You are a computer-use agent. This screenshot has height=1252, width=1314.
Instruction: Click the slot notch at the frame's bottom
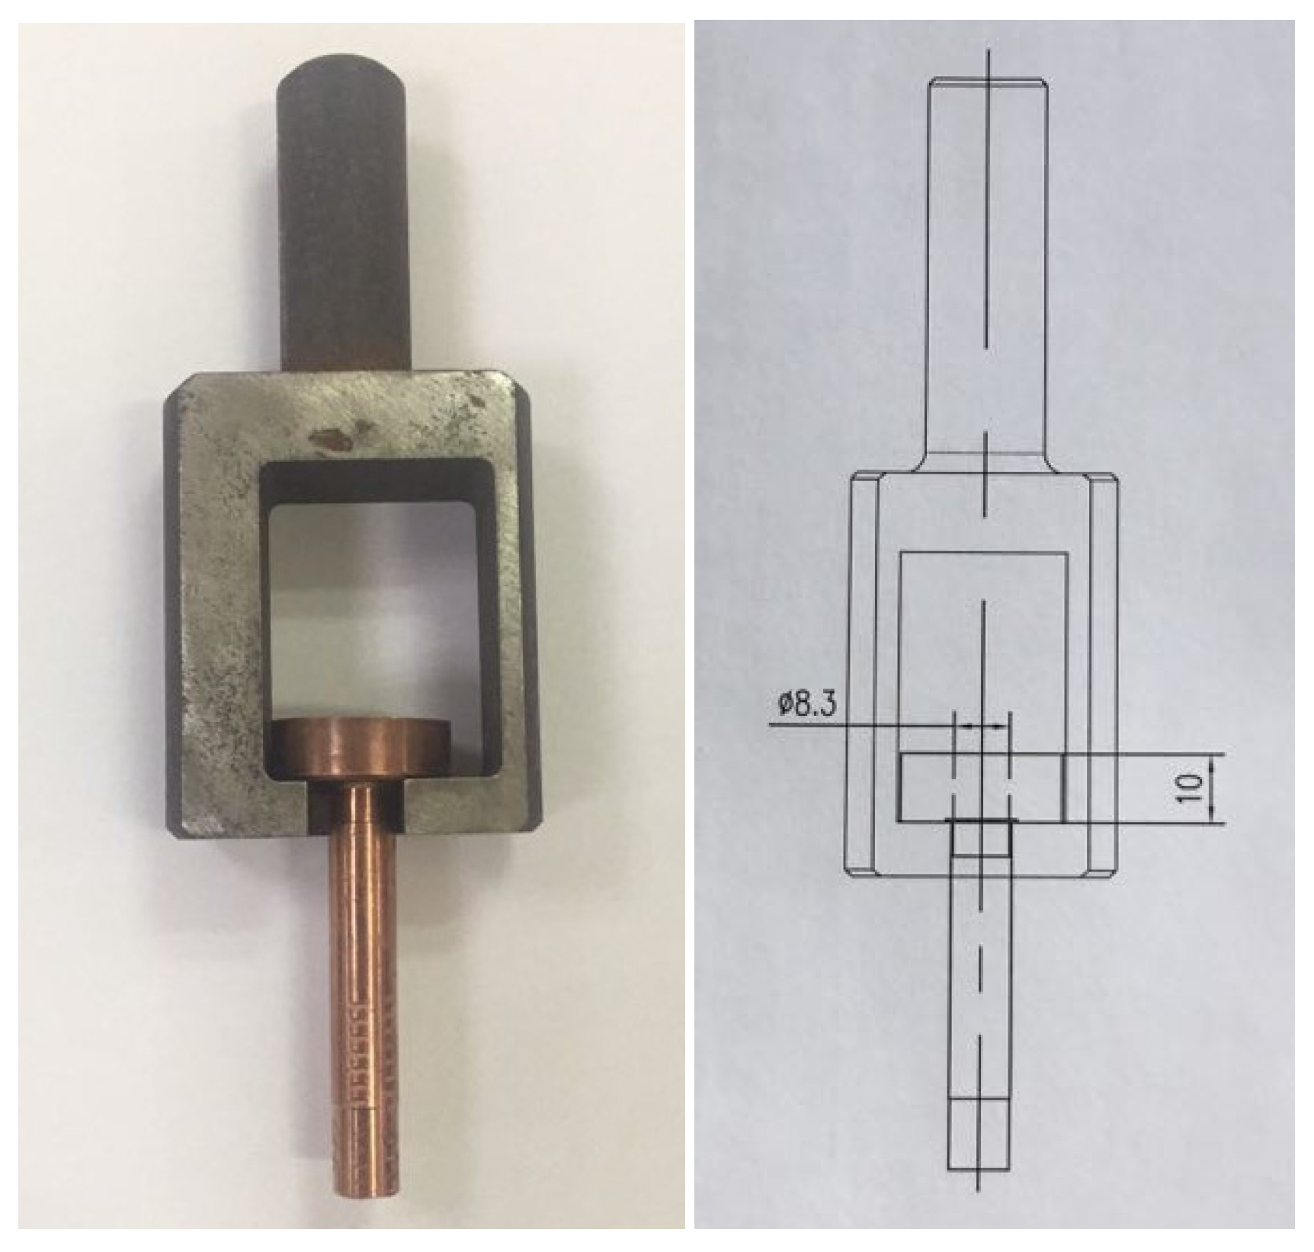click(x=319, y=811)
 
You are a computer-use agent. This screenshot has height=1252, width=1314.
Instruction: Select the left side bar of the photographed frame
click(x=217, y=610)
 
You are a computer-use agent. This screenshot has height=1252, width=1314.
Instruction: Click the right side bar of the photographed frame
click(x=512, y=610)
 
